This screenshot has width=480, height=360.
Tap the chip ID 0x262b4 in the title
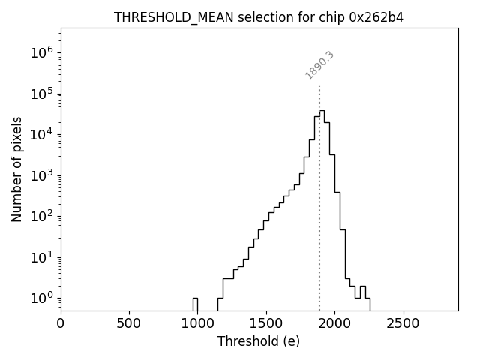[376, 17]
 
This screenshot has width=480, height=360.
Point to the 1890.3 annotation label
[319, 65]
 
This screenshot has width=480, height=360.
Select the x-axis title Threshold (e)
[259, 341]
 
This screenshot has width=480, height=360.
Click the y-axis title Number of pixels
[16, 169]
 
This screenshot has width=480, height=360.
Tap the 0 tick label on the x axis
[61, 324]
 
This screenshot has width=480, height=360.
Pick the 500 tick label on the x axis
[130, 324]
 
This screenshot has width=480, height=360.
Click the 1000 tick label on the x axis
[198, 324]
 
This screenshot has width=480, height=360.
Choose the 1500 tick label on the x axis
[266, 324]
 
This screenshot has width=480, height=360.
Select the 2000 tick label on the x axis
[335, 324]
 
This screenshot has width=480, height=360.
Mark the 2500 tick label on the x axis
[403, 324]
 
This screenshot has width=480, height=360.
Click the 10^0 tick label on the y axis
[41, 298]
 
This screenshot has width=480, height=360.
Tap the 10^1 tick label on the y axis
[41, 257]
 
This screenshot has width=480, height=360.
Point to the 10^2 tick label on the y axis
[41, 216]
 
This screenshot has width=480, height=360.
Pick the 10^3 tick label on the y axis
[41, 175]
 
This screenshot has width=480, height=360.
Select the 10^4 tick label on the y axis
[41, 134]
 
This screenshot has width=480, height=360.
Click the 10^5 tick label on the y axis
[41, 94]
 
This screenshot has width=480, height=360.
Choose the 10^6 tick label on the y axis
[41, 52]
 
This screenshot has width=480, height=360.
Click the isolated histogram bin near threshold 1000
[195, 303]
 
